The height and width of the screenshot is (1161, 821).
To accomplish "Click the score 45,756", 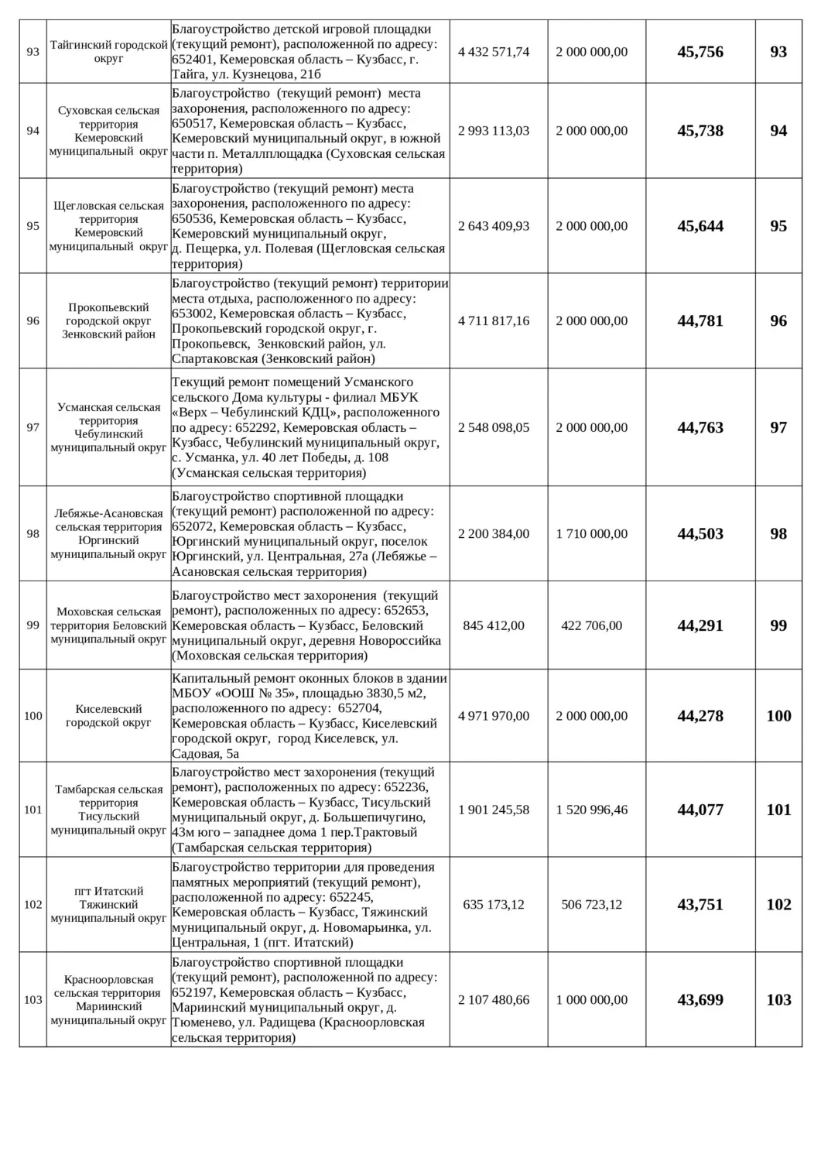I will [x=700, y=52].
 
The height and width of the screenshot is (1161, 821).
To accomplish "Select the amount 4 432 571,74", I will [x=494, y=52].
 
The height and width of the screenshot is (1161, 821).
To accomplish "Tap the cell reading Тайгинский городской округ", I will [x=108, y=52].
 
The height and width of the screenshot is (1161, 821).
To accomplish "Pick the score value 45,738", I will [x=700, y=131].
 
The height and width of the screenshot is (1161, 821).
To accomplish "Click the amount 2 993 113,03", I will [x=494, y=131].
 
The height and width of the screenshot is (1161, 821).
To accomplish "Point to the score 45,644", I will [x=700, y=226].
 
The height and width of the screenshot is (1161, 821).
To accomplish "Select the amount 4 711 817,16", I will [x=494, y=320].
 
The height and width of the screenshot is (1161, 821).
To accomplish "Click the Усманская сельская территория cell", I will [x=108, y=427].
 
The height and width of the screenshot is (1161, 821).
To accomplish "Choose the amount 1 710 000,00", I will [x=592, y=533].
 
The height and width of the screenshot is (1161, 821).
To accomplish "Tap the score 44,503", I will [x=700, y=533].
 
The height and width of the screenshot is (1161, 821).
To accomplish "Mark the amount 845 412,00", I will [x=494, y=625].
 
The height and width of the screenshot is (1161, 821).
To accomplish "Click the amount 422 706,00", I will [x=592, y=625].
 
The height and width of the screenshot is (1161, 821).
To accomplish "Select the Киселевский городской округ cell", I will [x=108, y=716].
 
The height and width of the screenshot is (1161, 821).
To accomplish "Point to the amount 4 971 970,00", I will [x=494, y=716].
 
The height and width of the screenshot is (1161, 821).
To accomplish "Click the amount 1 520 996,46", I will [x=592, y=810].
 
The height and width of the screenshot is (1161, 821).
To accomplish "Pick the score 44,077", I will [x=700, y=810].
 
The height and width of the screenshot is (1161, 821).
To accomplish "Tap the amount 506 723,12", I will [x=592, y=904].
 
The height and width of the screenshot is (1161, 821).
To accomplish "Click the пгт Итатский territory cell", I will [x=108, y=904].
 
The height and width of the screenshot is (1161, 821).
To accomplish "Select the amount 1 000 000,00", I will [x=592, y=999].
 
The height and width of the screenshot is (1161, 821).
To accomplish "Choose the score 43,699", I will [x=700, y=999].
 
